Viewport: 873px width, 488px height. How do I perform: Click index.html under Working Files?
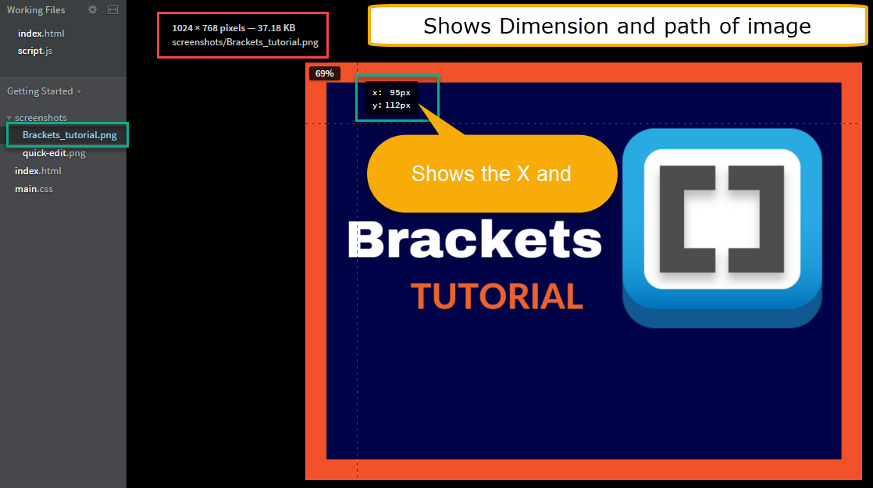click(x=41, y=34)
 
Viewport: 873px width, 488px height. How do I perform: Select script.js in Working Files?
click(x=35, y=51)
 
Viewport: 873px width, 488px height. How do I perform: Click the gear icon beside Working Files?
click(x=93, y=10)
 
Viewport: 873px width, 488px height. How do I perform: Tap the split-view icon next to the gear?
click(x=112, y=10)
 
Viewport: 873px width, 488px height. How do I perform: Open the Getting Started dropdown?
click(x=44, y=91)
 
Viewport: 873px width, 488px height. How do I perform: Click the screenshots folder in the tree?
click(x=41, y=118)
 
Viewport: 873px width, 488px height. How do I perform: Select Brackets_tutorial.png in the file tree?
click(x=69, y=135)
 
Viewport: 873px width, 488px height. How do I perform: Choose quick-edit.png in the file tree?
click(x=54, y=153)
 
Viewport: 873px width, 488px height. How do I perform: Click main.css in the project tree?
click(x=34, y=189)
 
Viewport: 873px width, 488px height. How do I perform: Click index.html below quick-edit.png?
click(x=37, y=171)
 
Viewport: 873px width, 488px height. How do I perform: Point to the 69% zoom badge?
click(x=324, y=73)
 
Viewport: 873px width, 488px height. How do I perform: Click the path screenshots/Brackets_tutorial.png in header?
click(x=245, y=42)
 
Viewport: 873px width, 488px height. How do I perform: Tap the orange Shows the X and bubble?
click(x=491, y=173)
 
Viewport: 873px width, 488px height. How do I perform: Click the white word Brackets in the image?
click(x=474, y=240)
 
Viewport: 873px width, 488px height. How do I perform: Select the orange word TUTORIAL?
click(x=497, y=297)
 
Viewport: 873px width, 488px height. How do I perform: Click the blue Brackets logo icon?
click(x=722, y=226)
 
